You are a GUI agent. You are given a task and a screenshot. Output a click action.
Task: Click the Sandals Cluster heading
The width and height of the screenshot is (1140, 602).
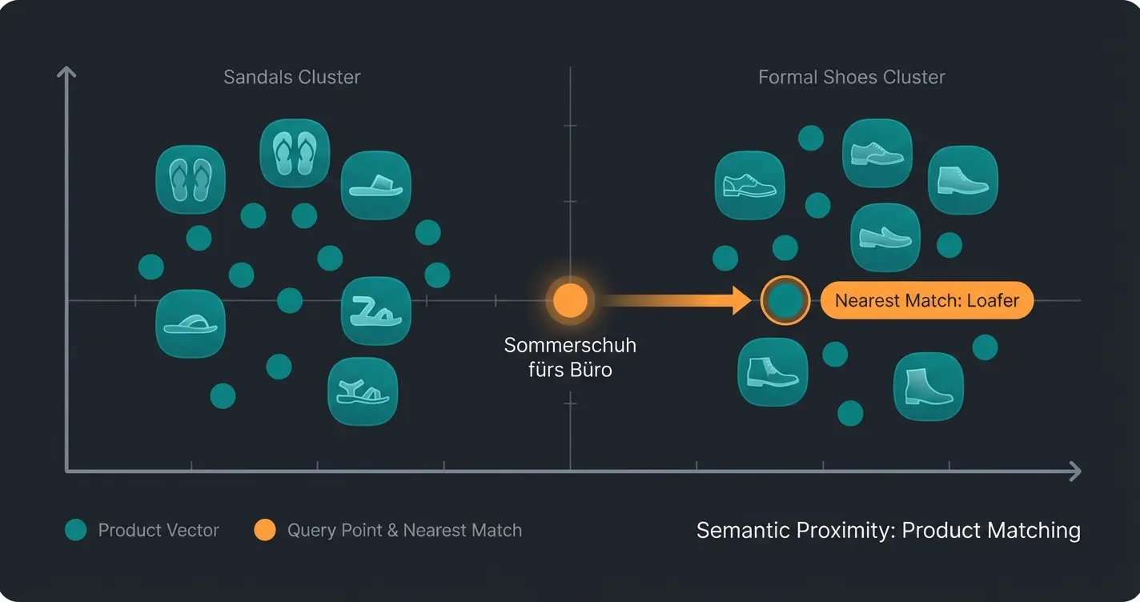click(291, 78)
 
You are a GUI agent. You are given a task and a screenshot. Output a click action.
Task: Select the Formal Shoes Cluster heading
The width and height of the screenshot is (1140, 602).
click(851, 78)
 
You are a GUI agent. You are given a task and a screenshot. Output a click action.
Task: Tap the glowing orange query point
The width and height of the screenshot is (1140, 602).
click(570, 300)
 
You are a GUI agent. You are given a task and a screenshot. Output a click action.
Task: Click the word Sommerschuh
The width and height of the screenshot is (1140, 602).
click(570, 346)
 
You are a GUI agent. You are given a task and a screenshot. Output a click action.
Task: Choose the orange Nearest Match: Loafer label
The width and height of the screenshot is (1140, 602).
click(926, 301)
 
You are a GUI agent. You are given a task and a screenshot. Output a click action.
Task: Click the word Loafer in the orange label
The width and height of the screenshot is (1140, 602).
click(992, 301)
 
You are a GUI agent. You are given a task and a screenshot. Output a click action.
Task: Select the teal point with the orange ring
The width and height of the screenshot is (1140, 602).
click(785, 300)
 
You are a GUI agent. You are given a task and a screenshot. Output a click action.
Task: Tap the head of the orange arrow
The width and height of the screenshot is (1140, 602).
click(743, 301)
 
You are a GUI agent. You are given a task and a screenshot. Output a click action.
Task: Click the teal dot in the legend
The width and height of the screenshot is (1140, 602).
click(76, 530)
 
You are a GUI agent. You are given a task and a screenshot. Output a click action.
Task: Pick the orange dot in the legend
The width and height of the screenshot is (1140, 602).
click(265, 530)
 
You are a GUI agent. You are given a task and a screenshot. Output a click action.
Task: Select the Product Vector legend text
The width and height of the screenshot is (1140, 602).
click(159, 530)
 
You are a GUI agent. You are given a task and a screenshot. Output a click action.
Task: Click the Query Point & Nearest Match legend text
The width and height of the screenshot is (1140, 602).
click(404, 530)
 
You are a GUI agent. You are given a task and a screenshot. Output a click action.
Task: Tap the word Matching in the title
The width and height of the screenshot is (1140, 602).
click(1040, 531)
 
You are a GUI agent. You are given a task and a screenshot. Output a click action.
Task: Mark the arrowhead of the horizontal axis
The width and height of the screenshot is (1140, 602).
click(1074, 471)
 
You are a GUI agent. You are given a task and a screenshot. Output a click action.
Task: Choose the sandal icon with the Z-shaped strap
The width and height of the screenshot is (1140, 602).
click(375, 311)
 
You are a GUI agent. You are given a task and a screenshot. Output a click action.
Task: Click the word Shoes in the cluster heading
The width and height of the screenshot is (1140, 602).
click(851, 78)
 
